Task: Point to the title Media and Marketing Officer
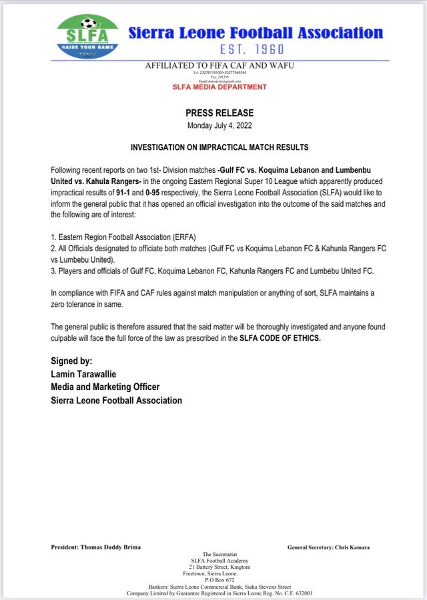[105, 387]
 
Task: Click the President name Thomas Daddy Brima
[114, 547]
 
